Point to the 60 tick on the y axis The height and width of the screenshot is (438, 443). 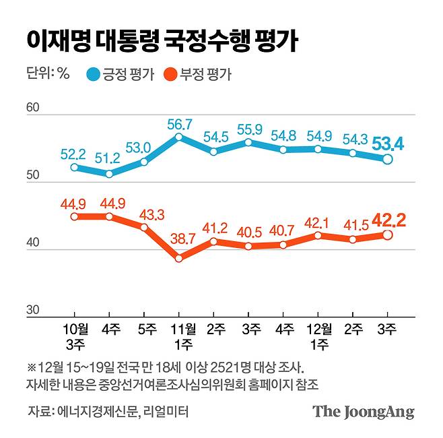click(34, 108)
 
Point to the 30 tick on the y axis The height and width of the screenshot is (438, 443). click(34, 310)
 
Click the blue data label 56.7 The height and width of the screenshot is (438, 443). click(179, 124)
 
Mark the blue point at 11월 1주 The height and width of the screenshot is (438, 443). click(179, 137)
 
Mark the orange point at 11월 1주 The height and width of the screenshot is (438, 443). click(179, 258)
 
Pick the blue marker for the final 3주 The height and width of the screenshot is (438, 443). click(388, 159)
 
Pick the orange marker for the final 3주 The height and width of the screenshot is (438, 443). click(388, 234)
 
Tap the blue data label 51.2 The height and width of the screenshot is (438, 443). click(108, 160)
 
